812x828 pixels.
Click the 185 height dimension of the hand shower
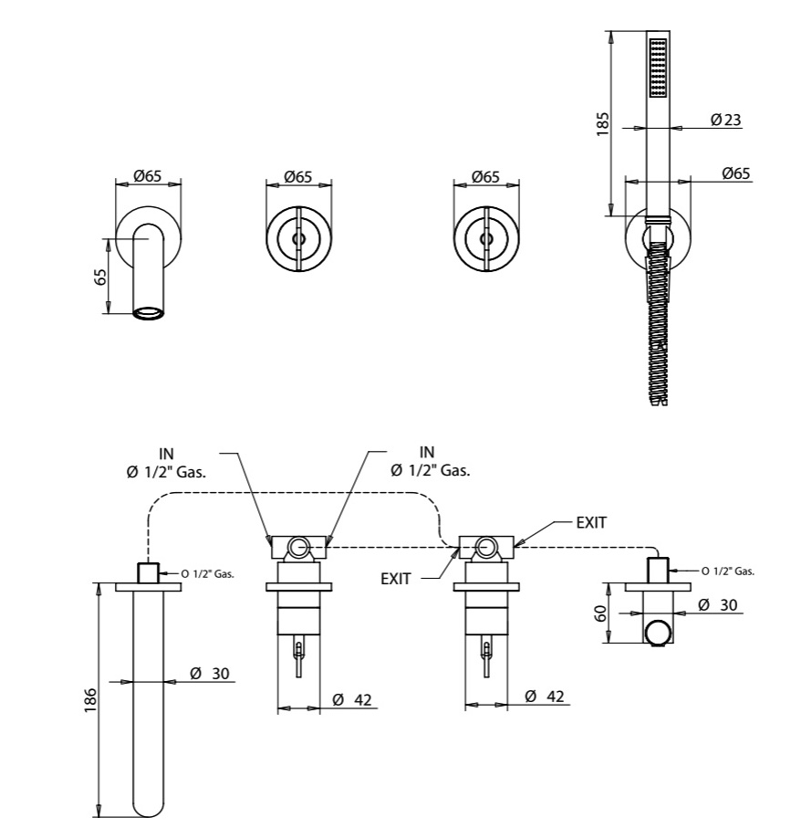[x=602, y=123]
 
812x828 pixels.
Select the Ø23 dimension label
[x=725, y=120]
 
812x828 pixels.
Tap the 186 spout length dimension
[x=90, y=699]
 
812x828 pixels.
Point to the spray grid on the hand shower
[x=658, y=67]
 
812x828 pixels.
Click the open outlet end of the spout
[x=149, y=313]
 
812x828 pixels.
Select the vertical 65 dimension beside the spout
[x=100, y=277]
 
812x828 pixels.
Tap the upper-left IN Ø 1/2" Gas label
[x=166, y=463]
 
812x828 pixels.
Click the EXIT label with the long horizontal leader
[x=591, y=522]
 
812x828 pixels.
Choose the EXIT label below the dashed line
[x=396, y=579]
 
